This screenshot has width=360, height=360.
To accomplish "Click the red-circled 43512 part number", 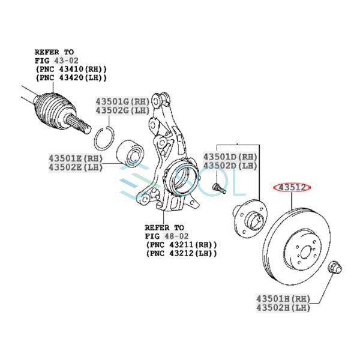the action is [292, 188].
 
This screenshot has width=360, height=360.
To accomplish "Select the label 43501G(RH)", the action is [122, 101].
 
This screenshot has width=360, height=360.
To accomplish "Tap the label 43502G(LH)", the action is [122, 110].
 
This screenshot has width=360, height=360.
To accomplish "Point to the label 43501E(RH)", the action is [76, 158].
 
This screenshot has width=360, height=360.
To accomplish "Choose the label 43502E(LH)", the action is [76, 167].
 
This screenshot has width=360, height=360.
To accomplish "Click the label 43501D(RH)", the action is [230, 157].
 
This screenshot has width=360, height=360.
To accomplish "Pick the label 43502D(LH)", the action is [230, 166].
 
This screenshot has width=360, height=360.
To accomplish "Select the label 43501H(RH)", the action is [283, 299].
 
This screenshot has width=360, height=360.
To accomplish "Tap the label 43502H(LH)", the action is [283, 308].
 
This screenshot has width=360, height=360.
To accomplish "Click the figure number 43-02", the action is [66, 61].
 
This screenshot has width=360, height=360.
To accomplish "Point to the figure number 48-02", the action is [176, 236].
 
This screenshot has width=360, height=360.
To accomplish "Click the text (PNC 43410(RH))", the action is [71, 69].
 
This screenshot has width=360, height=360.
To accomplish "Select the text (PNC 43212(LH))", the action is [181, 253].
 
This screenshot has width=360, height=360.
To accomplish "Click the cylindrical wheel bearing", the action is [130, 154].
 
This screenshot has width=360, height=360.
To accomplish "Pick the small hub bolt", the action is [220, 188].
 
